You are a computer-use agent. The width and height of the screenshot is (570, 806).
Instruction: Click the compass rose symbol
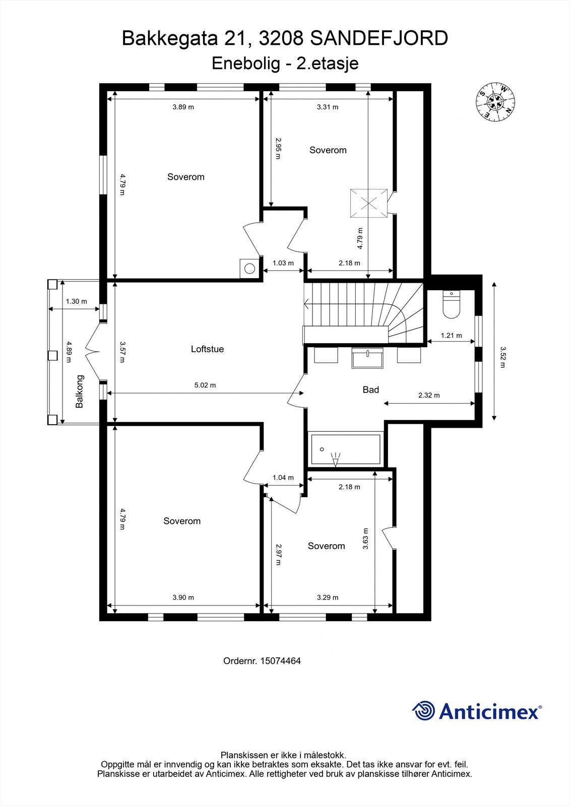coord(495,102)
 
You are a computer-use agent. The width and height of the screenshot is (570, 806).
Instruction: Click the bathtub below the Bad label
coord(346,449)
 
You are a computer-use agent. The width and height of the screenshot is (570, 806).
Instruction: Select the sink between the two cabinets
coord(367,358)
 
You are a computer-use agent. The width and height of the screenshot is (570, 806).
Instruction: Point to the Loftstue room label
coord(208,349)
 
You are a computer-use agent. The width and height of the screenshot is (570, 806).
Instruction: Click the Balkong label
coord(79,391)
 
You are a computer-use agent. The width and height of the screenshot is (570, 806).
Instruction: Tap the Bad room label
coord(371,390)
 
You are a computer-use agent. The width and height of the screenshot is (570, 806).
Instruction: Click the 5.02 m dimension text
coord(205,385)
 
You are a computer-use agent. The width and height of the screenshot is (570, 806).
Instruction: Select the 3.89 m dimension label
coord(183,107)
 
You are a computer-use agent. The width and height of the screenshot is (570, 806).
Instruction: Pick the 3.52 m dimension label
coord(503,357)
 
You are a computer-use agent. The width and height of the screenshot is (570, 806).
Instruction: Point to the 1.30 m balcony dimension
coord(76,302)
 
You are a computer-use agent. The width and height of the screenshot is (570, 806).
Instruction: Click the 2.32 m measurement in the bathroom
coord(429,395)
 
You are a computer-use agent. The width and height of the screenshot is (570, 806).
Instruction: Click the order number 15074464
coord(281,660)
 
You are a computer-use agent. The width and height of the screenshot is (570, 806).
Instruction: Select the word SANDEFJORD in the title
coord(379,38)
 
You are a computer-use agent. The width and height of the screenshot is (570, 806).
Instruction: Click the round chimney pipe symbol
coord(249,268)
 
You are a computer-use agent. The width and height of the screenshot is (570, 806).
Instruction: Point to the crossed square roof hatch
coord(369,204)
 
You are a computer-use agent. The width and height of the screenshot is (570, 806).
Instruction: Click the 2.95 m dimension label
coord(278,148)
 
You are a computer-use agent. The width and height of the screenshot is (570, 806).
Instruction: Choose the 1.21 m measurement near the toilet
coord(452,335)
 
